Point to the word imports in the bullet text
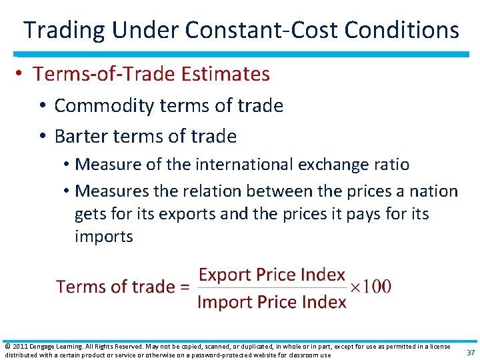[104, 237]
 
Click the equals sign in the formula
[185, 288]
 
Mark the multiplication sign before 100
[356, 288]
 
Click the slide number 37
[471, 353]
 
